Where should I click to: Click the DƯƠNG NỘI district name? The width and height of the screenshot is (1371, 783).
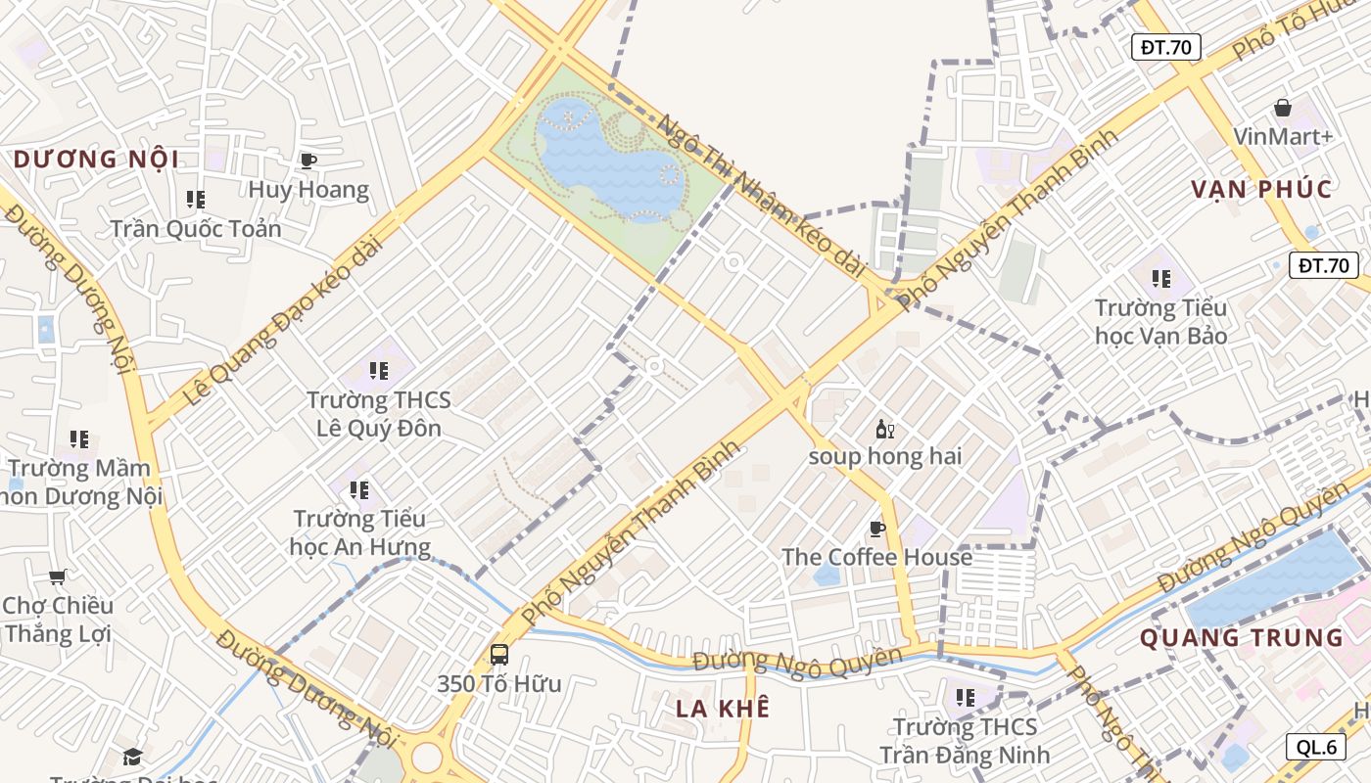pyautogui.click(x=96, y=159)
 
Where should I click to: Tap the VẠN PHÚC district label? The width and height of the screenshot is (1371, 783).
pyautogui.click(x=1261, y=189)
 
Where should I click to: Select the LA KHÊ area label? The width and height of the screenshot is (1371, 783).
pyautogui.click(x=723, y=708)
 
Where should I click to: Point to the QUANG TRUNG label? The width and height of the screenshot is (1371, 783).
pyautogui.click(x=1241, y=638)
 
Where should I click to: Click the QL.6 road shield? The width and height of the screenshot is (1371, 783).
pyautogui.click(x=1316, y=747)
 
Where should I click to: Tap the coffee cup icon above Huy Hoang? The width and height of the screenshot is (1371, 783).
pyautogui.click(x=308, y=161)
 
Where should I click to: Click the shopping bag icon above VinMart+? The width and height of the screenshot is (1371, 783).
pyautogui.click(x=1283, y=108)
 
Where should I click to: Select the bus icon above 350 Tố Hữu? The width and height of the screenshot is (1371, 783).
pyautogui.click(x=499, y=654)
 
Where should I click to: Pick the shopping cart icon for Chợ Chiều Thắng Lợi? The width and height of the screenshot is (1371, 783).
pyautogui.click(x=58, y=576)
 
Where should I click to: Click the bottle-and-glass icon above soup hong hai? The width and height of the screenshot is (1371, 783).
pyautogui.click(x=884, y=429)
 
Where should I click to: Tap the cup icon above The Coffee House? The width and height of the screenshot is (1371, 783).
pyautogui.click(x=877, y=530)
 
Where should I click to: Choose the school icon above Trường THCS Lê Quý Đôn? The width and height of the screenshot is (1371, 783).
pyautogui.click(x=378, y=371)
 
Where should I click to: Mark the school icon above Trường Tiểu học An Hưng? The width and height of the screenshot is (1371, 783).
pyautogui.click(x=359, y=489)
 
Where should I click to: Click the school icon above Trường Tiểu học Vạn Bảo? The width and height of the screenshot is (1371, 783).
pyautogui.click(x=1161, y=279)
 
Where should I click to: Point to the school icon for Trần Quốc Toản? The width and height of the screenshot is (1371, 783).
pyautogui.click(x=196, y=200)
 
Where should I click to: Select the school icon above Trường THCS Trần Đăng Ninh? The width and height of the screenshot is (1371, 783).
pyautogui.click(x=966, y=698)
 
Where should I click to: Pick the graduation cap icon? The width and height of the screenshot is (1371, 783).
pyautogui.click(x=132, y=757)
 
